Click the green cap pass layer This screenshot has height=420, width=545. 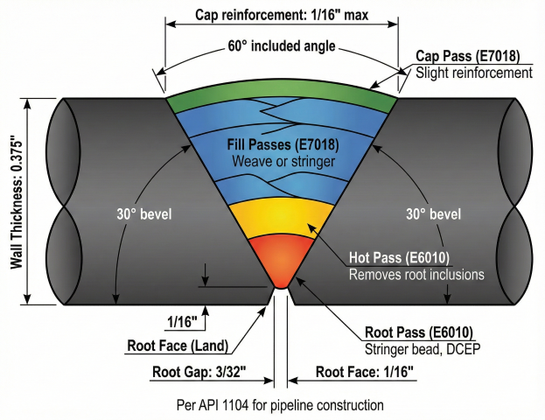pos(280,94)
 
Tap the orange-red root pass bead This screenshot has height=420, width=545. pos(280,262)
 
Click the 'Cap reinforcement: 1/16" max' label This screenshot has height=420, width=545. pos(282,15)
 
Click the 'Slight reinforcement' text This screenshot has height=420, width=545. pos(473,73)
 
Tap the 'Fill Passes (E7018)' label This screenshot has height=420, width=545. pos(281,144)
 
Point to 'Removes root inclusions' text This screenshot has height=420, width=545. pos(416,274)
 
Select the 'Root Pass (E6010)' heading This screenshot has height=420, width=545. pos(418,332)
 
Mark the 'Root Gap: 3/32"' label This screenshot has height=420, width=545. pos(194,371)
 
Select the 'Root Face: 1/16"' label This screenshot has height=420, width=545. pos(365,371)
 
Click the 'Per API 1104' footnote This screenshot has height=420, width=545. pos(280,405)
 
